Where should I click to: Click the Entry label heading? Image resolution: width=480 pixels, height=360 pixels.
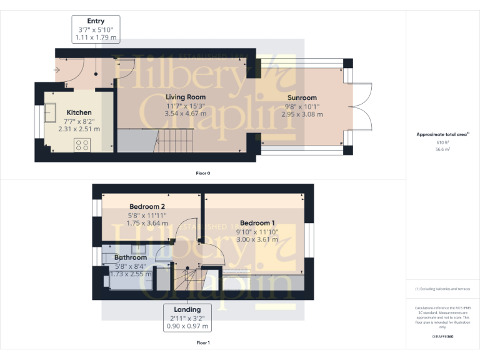click(x=96, y=21)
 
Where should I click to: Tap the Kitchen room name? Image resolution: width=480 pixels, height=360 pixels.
click(x=79, y=112)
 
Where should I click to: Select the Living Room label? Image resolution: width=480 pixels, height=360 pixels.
click(x=186, y=97)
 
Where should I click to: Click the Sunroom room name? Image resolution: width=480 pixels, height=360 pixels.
click(x=302, y=97)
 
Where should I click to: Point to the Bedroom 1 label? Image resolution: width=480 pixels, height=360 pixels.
click(x=257, y=223)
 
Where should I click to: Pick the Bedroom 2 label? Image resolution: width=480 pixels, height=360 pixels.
click(x=147, y=207)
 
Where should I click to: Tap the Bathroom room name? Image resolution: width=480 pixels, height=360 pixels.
click(x=130, y=257)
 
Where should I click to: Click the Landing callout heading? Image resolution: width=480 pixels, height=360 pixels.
click(x=187, y=309)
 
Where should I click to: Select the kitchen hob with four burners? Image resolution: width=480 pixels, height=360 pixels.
click(x=82, y=145)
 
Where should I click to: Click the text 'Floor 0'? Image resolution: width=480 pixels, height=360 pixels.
click(x=202, y=173)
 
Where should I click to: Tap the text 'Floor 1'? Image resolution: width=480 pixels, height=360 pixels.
click(x=202, y=342)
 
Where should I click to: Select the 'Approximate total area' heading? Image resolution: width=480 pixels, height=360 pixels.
click(x=441, y=134)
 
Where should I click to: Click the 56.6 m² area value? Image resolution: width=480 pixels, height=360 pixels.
click(x=442, y=150)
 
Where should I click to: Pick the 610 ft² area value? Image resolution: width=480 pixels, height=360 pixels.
click(x=442, y=142)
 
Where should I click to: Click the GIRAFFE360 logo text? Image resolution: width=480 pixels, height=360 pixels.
click(x=442, y=337)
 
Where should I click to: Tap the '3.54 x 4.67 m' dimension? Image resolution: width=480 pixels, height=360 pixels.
click(x=186, y=114)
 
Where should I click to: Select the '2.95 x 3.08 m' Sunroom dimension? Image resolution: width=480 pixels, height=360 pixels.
click(x=302, y=114)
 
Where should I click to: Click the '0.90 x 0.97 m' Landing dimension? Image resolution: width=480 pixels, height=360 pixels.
click(x=187, y=326)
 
